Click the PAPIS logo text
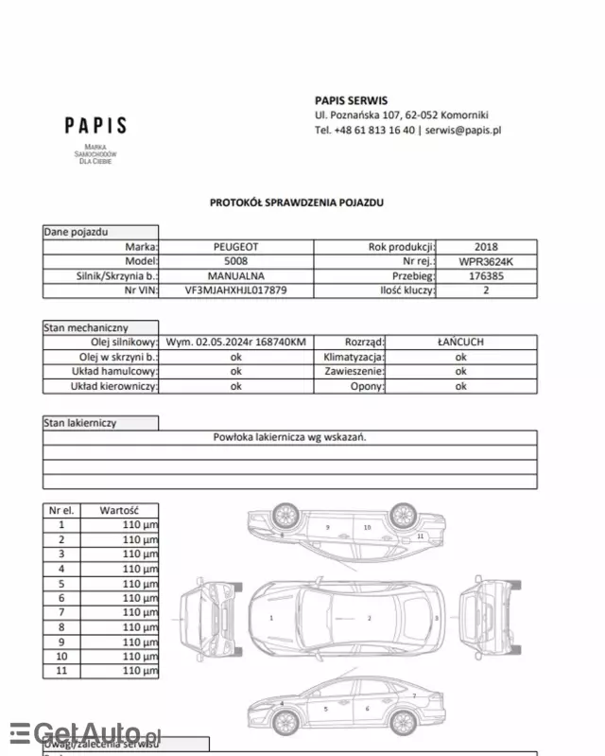pyautogui.click(x=95, y=126)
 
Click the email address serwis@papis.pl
pyautogui.click(x=462, y=131)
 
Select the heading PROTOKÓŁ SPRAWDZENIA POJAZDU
pyautogui.click(x=297, y=202)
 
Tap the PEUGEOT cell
pyautogui.click(x=235, y=246)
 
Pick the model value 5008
pyautogui.click(x=235, y=261)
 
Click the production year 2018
pyautogui.click(x=486, y=246)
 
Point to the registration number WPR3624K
pyautogui.click(x=486, y=261)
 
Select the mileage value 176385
pyautogui.click(x=486, y=276)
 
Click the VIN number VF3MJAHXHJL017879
pyautogui.click(x=235, y=291)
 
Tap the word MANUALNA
pyautogui.click(x=235, y=276)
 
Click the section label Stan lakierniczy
pyautogui.click(x=80, y=423)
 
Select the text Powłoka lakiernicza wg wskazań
pyautogui.click(x=289, y=437)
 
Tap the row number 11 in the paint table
pyautogui.click(x=62, y=671)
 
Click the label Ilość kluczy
pyautogui.click(x=406, y=291)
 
